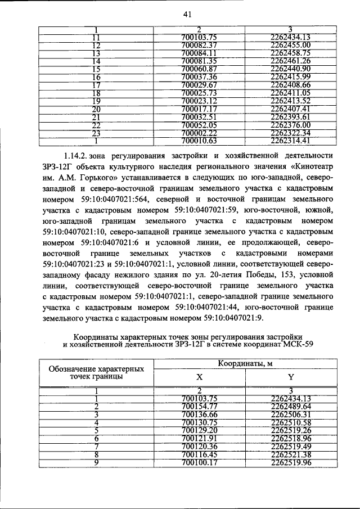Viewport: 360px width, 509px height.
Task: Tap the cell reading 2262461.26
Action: [x=290, y=61]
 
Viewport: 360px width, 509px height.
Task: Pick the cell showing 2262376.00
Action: [x=290, y=124]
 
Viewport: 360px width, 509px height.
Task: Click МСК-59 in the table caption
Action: [x=297, y=344]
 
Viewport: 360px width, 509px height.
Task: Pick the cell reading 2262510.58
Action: [x=290, y=422]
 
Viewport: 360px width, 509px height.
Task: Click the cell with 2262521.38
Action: [x=290, y=454]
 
